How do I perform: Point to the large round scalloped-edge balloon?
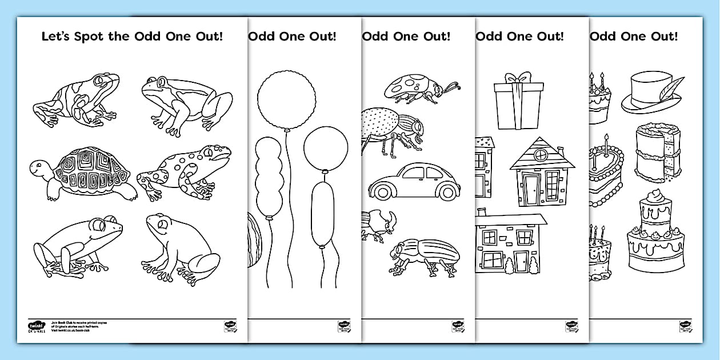coord(286,97)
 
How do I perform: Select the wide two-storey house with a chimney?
coord(511,243)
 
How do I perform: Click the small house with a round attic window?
coord(541,171)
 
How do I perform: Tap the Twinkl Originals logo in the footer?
coord(35,328)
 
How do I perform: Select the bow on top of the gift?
coord(517,77)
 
